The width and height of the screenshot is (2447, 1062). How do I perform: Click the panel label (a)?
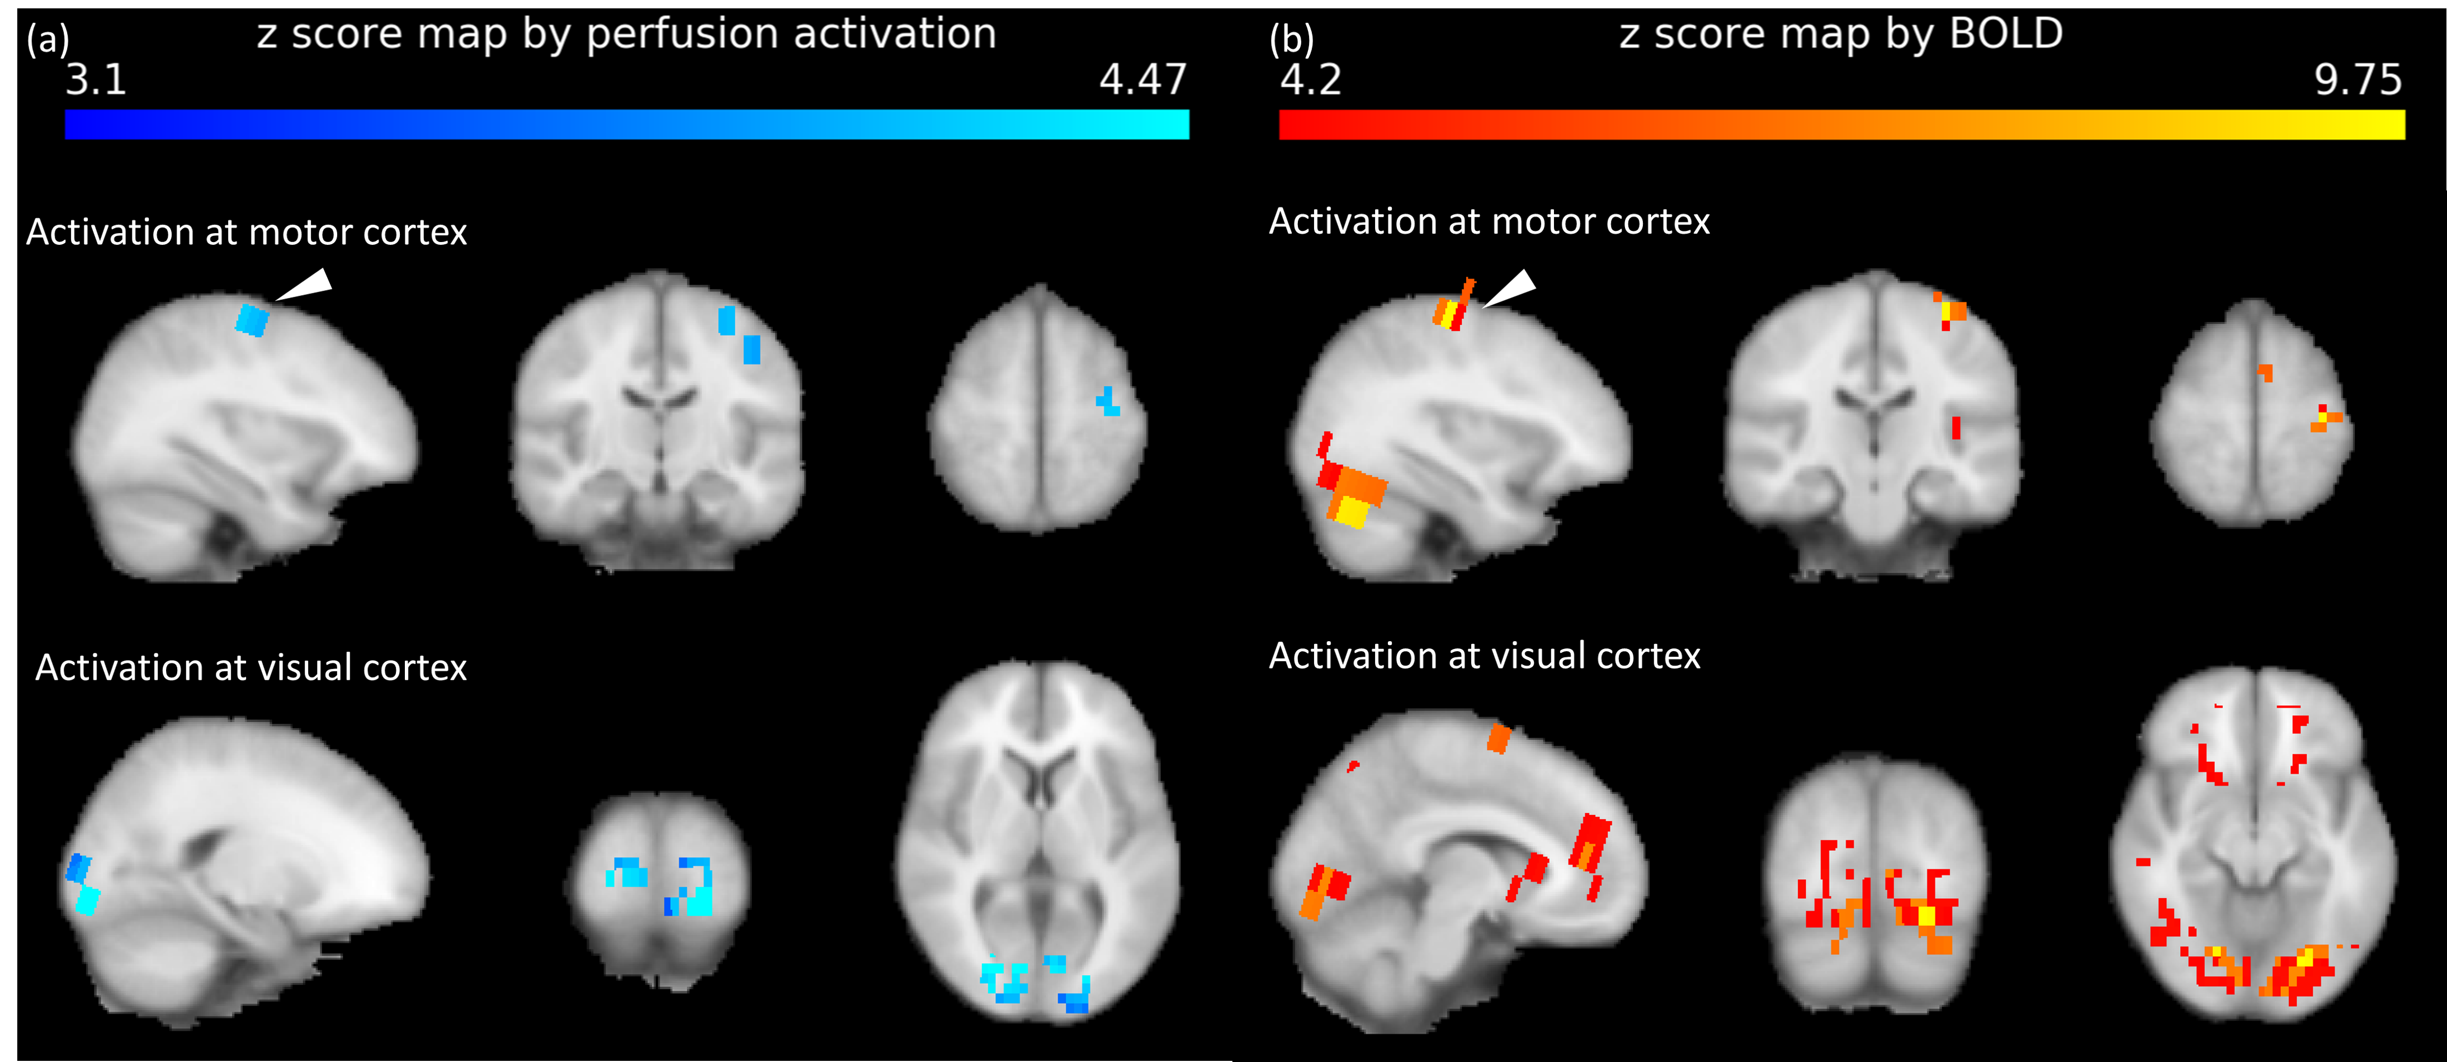coord(48,40)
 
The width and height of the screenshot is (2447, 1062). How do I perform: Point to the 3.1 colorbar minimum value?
coord(96,80)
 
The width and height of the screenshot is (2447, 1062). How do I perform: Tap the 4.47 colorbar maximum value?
coord(1143,80)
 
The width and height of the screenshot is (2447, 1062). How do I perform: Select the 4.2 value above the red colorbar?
coord(1311,80)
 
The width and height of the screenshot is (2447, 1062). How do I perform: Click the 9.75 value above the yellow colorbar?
coord(2358,80)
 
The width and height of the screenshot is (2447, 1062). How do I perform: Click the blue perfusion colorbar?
coord(627,125)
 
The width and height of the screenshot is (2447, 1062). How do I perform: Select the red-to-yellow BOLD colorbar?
coord(1841,125)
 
